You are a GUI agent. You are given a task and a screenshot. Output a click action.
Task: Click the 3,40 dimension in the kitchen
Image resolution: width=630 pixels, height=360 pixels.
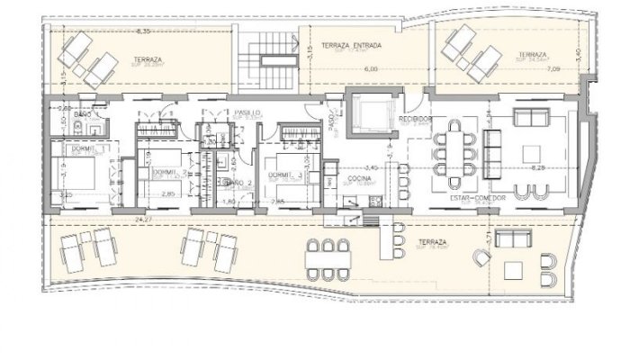tap(371, 167)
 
